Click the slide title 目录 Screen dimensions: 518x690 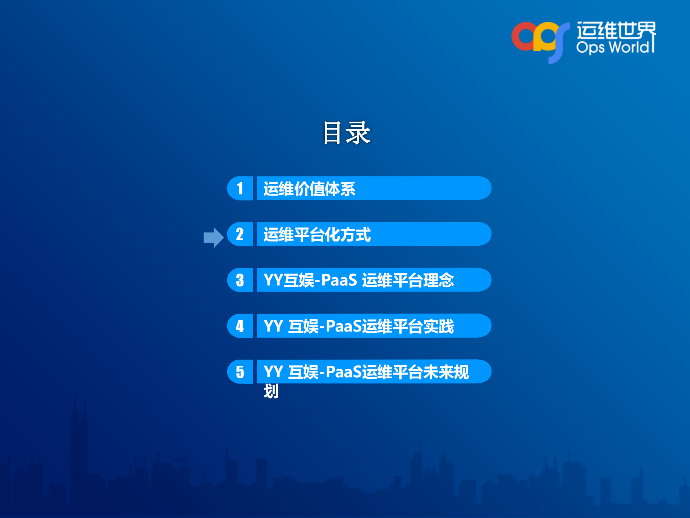pyautogui.click(x=346, y=133)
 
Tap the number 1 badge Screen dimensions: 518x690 pyautogui.click(x=240, y=188)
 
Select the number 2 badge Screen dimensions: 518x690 pyautogui.click(x=240, y=234)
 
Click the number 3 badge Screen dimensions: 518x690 pyautogui.click(x=240, y=280)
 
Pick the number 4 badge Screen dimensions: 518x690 pyautogui.click(x=240, y=326)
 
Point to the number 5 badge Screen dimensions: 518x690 pyautogui.click(x=240, y=372)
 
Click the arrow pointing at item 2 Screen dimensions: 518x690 pyautogui.click(x=214, y=238)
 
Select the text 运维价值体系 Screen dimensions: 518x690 pyautogui.click(x=309, y=189)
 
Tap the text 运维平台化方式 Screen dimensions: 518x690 pyautogui.click(x=317, y=235)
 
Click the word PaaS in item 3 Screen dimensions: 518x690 pyautogui.click(x=339, y=280)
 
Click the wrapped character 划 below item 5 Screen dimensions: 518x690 pyautogui.click(x=271, y=391)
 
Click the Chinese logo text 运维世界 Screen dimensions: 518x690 pyautogui.click(x=616, y=30)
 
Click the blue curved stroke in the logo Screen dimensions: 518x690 pyautogui.click(x=559, y=43)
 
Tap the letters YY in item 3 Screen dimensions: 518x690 pyautogui.click(x=273, y=280)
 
